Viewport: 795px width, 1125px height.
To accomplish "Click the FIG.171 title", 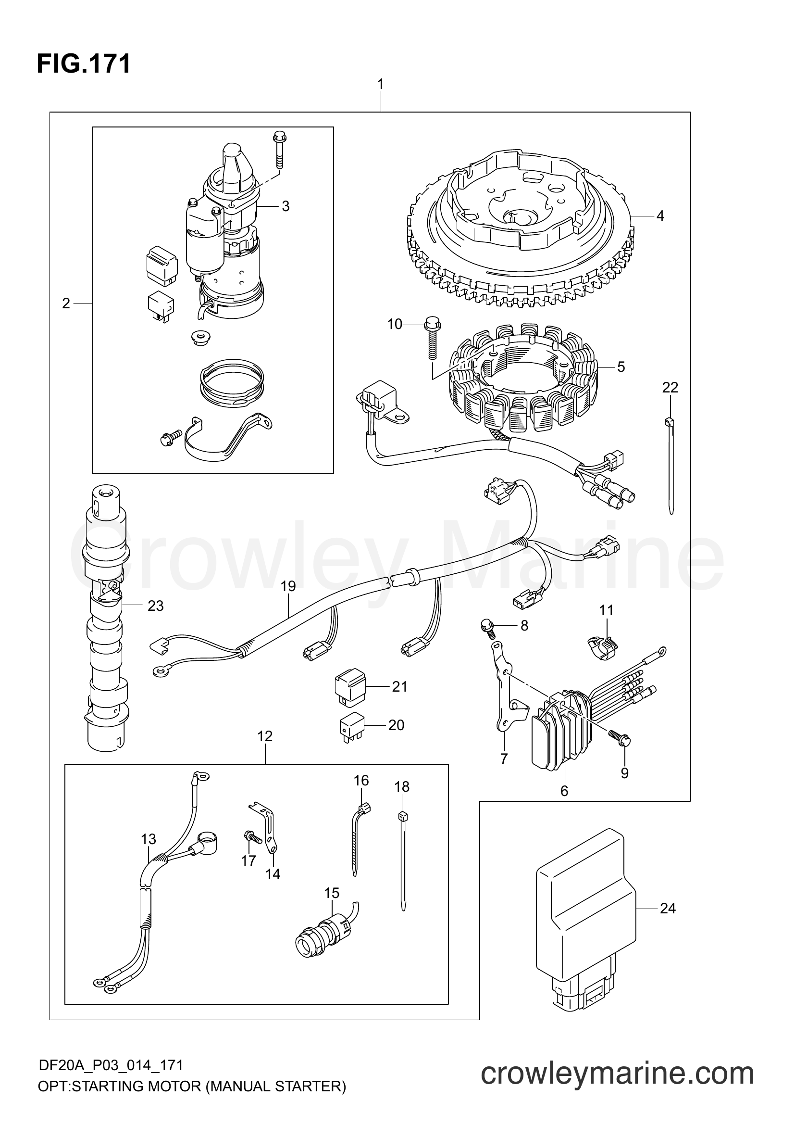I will (x=84, y=64).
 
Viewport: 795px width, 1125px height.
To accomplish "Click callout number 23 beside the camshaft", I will (x=155, y=606).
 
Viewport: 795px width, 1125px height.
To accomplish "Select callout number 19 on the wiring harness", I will (x=288, y=586).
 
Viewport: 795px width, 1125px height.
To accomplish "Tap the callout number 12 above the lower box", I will (x=265, y=750).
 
